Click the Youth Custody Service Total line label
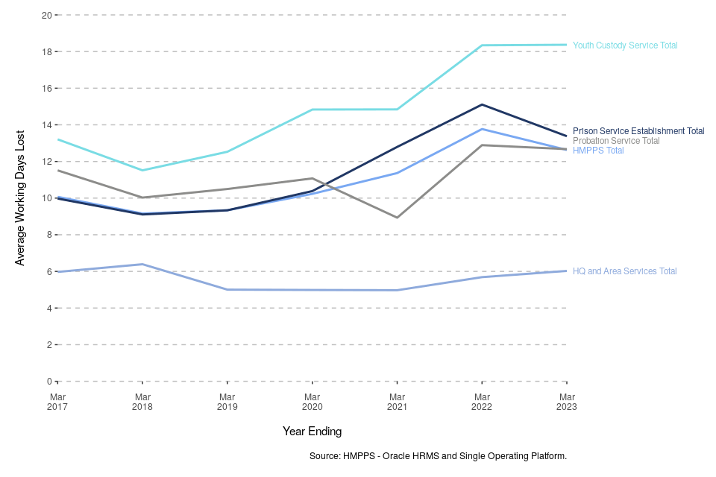pos(625,45)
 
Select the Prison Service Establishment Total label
pos(638,131)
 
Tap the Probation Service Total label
pos(616,141)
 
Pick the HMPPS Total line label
pos(598,151)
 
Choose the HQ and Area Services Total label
pos(625,271)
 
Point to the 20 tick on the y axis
pos(46,15)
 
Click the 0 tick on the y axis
pos(48,382)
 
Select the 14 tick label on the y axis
pos(46,125)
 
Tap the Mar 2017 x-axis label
pos(57,402)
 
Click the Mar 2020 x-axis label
pos(313,402)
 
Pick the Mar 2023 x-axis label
pos(567,402)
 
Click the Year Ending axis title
pos(312,432)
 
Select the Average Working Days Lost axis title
pos(20,198)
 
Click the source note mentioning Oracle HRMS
pos(438,455)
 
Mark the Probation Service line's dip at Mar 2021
pos(398,218)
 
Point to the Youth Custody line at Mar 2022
pos(483,45)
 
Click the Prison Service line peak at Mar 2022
pos(483,104)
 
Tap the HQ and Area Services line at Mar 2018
pos(142,264)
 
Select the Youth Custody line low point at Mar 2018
pos(142,171)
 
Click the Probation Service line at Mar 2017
pos(57,171)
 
